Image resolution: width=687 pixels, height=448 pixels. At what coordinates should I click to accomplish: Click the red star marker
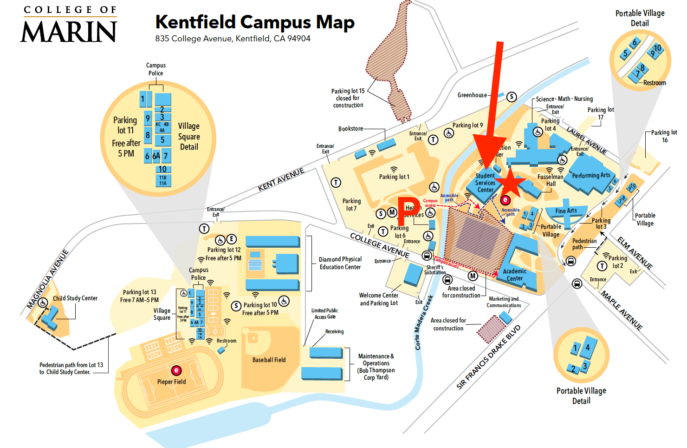[x=510, y=182]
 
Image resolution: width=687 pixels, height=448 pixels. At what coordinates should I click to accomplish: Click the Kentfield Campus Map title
[x=255, y=22]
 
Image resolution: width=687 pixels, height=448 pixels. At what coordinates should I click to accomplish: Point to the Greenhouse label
[x=472, y=95]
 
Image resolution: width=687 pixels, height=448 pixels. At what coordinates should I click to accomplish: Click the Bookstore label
[x=350, y=129]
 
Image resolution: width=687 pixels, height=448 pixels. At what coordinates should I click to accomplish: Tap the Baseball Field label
[x=269, y=360]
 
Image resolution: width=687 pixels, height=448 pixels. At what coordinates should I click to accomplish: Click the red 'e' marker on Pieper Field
[x=176, y=370]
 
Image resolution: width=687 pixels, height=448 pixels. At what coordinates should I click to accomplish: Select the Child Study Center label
[x=75, y=298]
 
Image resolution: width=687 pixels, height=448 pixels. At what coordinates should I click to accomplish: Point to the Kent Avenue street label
[x=281, y=179]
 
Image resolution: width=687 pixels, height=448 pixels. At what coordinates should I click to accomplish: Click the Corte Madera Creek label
[x=423, y=322]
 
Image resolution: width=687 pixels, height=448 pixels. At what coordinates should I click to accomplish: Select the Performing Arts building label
[x=591, y=176]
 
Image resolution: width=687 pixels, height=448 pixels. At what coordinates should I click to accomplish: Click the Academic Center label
[x=514, y=275]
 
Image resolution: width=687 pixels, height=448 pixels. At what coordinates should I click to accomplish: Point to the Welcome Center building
[x=413, y=274]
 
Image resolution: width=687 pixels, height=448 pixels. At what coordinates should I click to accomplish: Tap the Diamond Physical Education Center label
[x=340, y=263]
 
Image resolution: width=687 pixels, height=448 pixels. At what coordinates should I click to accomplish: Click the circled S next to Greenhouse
[x=511, y=97]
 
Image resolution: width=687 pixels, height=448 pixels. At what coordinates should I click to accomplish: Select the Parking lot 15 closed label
[x=348, y=98]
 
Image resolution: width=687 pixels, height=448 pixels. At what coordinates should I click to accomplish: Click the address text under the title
[x=233, y=39]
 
